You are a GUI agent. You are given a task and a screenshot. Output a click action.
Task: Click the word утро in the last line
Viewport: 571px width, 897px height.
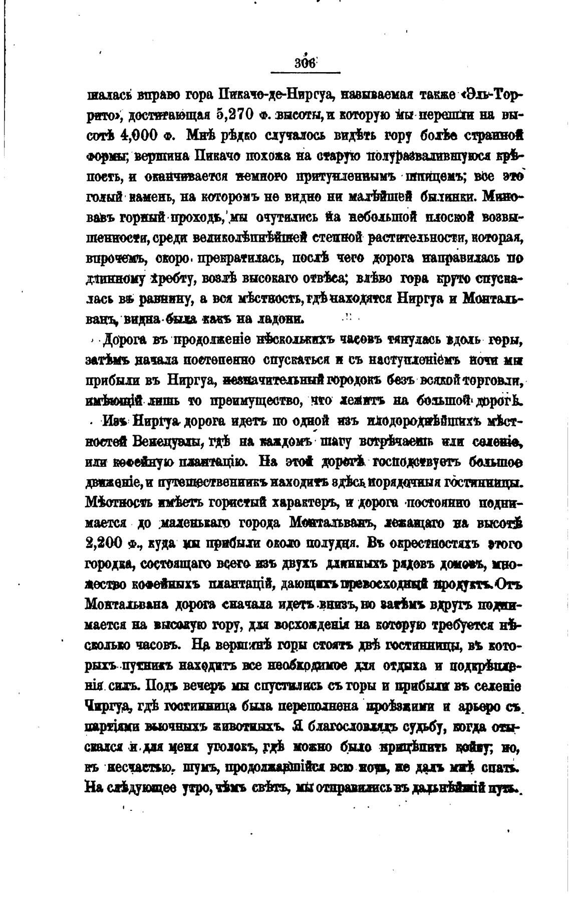pos(192,788)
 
